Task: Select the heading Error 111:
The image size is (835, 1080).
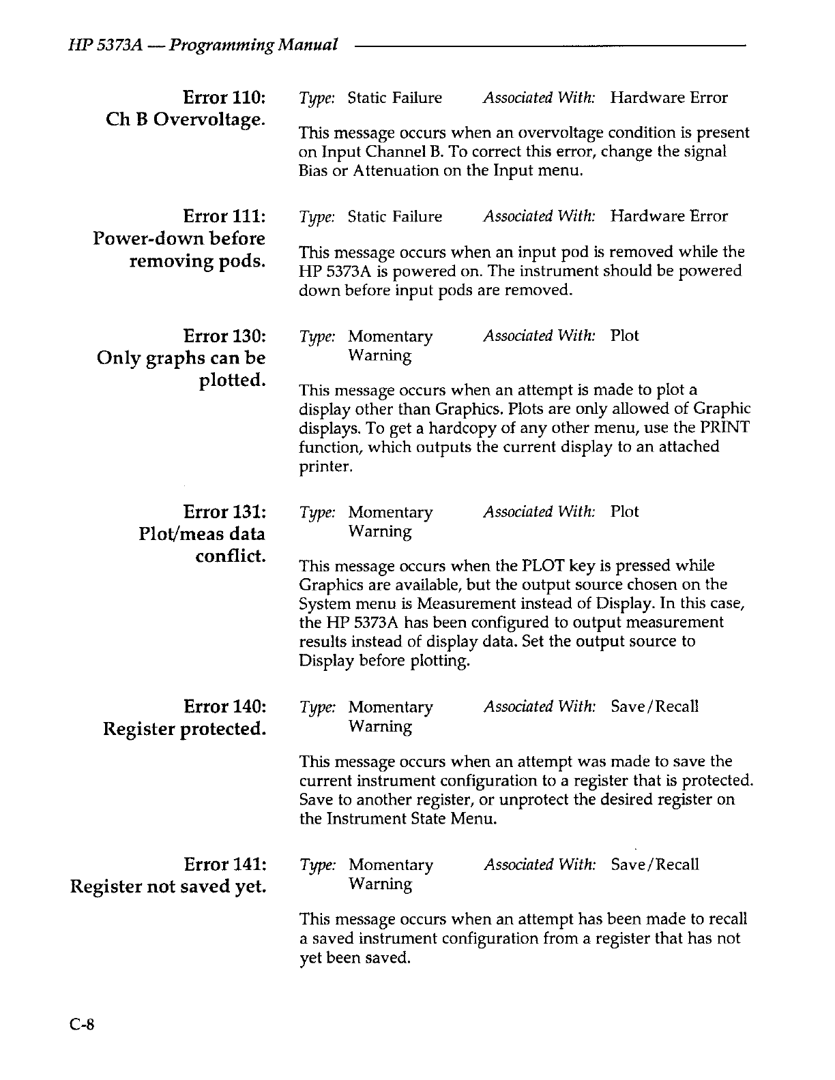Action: coord(224,216)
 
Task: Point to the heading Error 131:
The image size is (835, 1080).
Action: coord(224,511)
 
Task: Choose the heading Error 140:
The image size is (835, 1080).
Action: coord(224,706)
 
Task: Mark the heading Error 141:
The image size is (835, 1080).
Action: coord(224,865)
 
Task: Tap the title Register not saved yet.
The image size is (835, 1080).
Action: coord(168,887)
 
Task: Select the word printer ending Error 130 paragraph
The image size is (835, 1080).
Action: coord(325,467)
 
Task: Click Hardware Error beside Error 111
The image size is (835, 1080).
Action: coord(669,216)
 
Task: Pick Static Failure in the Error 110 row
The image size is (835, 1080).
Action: coord(394,97)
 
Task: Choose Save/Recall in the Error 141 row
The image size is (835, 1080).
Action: coord(655,865)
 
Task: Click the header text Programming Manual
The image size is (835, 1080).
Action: coord(254,45)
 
